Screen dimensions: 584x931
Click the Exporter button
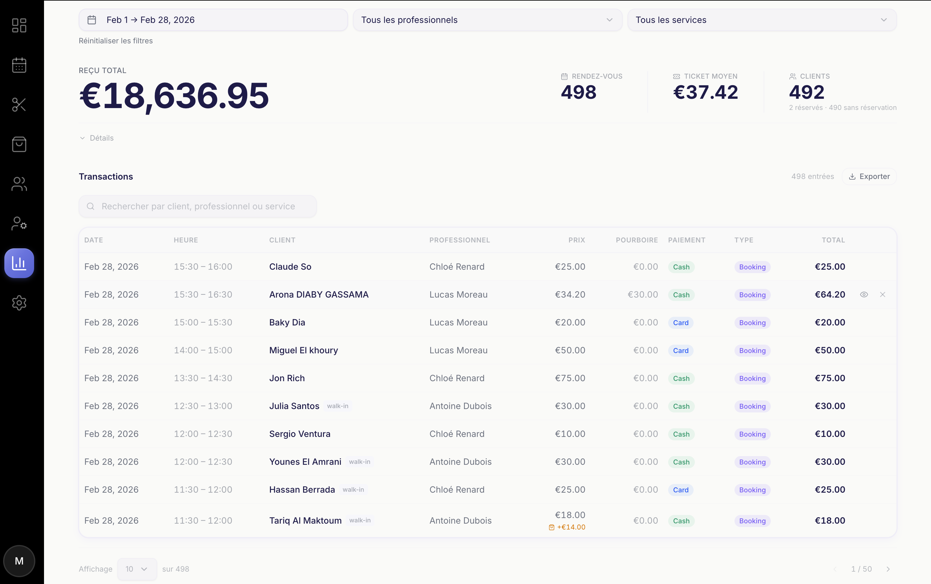coord(869,177)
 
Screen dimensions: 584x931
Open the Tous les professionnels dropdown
coord(487,20)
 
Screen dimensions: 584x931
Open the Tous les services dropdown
coord(761,20)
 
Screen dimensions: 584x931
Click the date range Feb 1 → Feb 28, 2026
coord(213,20)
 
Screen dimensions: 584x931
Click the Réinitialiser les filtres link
coord(116,41)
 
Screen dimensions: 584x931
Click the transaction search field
coord(198,206)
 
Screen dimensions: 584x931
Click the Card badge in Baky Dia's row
coord(680,323)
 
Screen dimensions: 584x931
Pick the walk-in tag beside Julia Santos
coord(338,406)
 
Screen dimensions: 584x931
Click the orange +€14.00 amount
coord(571,527)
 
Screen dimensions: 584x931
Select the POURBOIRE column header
coord(637,240)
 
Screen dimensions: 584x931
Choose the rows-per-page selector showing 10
coord(137,569)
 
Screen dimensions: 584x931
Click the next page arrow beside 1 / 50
coord(888,569)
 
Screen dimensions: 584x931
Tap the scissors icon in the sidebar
coord(19,105)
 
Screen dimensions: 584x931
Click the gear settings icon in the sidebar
coord(19,303)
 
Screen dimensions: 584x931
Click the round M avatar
coord(19,561)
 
